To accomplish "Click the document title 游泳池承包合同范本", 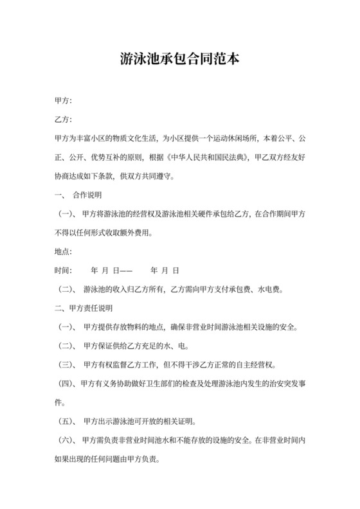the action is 180,61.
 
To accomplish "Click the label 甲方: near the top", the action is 64,101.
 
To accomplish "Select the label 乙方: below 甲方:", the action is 64,120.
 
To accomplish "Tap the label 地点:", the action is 64,251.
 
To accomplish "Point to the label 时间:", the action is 64,270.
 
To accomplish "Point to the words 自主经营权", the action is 253,365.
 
